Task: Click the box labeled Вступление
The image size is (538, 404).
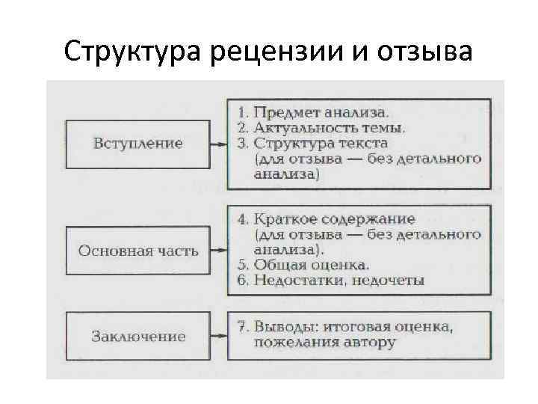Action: point(137,143)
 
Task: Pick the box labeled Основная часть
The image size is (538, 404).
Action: point(137,251)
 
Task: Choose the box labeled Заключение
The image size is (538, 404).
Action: point(137,336)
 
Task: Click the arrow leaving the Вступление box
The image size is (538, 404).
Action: point(218,144)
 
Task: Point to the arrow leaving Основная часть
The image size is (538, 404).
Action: point(218,251)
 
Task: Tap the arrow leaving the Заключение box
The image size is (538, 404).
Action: point(218,336)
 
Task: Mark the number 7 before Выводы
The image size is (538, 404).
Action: point(241,327)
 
